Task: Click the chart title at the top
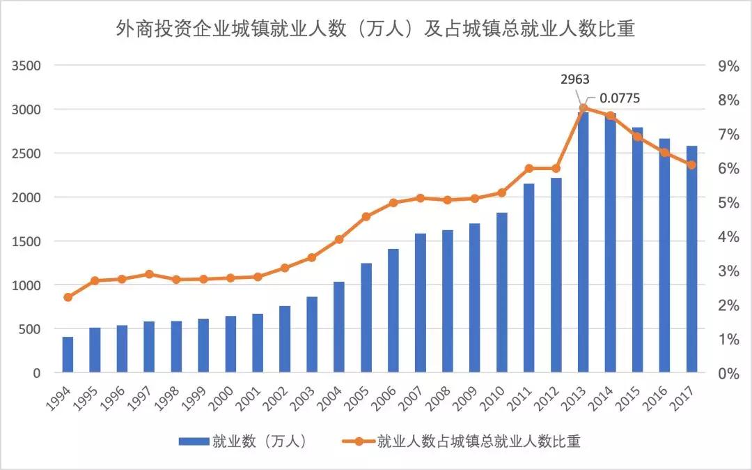pos(375,30)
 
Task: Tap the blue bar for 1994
pos(68,355)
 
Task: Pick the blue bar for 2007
pos(420,303)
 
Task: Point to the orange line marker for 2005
pos(366,217)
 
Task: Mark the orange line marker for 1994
pos(68,297)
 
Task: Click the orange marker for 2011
pos(529,168)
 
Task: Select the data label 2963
pos(574,79)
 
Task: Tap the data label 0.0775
pos(619,98)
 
